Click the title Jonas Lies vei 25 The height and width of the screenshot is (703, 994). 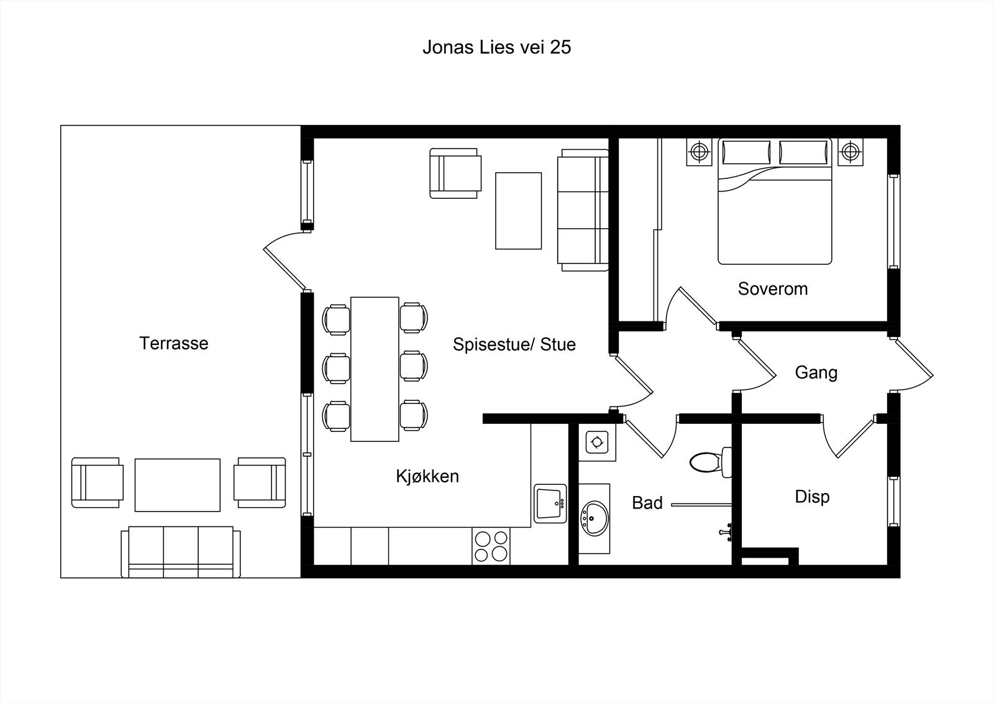point(496,47)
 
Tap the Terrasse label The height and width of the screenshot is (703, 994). point(173,343)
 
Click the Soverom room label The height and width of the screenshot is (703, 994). point(773,288)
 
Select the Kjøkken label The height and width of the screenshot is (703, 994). point(427,476)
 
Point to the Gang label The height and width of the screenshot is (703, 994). point(816,372)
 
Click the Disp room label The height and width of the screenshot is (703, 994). point(812,497)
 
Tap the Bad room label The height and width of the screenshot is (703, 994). point(647,503)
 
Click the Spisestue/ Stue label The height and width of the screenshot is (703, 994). point(514,344)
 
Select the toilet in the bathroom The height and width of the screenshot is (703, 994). point(711,462)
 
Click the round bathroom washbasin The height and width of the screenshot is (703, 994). point(594,518)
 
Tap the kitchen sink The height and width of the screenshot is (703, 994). point(550,503)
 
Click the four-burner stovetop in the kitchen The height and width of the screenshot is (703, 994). point(491,546)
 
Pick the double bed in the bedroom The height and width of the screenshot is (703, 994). point(775,201)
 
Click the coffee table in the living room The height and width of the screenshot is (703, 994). point(518,211)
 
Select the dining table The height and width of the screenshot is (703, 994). point(375,369)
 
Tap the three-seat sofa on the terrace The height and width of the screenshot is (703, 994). point(181,552)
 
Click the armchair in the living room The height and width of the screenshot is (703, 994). point(455,173)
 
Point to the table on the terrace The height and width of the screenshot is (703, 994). point(178,485)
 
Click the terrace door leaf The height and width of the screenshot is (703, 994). point(285,269)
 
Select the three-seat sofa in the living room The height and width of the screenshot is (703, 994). point(583,210)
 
